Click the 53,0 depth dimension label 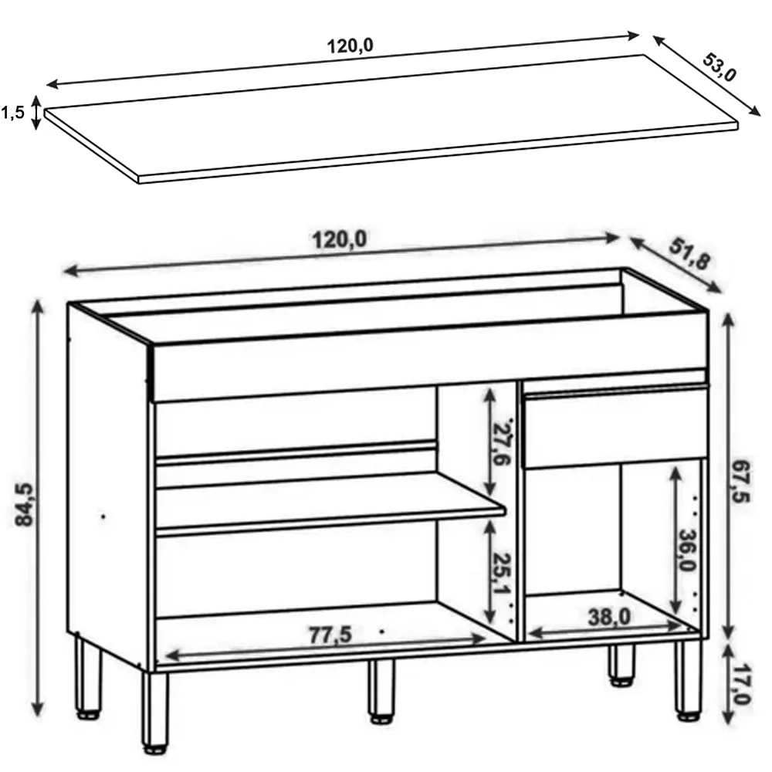[720, 66]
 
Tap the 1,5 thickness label [12, 113]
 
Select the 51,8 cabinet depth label [689, 253]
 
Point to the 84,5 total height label [24, 505]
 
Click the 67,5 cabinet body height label [741, 482]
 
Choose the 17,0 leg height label [741, 684]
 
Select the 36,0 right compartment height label [687, 550]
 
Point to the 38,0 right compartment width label [609, 617]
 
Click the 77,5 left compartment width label [330, 635]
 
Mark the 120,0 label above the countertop [350, 46]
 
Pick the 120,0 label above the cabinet [340, 240]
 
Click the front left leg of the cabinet [155, 712]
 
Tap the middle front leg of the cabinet [381, 691]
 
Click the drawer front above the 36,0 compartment [615, 426]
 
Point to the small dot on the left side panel [103, 516]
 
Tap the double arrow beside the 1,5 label [36, 113]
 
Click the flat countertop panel [391, 119]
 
